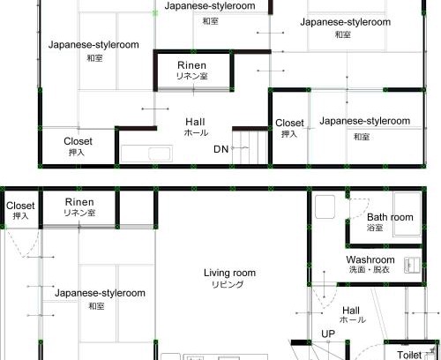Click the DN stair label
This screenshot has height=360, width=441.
click(221, 149)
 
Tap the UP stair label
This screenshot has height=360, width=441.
click(328, 334)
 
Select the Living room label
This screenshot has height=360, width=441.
click(229, 273)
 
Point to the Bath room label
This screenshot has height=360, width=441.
click(390, 217)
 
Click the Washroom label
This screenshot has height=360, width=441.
click(370, 259)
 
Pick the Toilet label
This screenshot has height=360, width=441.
click(409, 355)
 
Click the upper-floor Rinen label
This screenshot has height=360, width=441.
click(191, 65)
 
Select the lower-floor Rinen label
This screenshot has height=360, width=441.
click(79, 202)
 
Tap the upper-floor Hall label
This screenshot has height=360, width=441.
click(195, 122)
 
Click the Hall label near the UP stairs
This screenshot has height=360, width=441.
click(351, 311)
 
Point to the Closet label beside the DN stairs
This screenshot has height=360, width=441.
click(289, 123)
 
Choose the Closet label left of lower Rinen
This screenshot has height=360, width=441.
click(20, 206)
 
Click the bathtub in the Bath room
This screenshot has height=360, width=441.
click(407, 214)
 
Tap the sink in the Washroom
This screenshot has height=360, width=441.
click(412, 265)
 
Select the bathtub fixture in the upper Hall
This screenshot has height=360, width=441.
click(146, 154)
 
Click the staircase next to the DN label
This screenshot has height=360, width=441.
click(250, 147)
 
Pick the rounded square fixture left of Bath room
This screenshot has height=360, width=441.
click(325, 206)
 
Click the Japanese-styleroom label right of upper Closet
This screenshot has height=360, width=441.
click(365, 121)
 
